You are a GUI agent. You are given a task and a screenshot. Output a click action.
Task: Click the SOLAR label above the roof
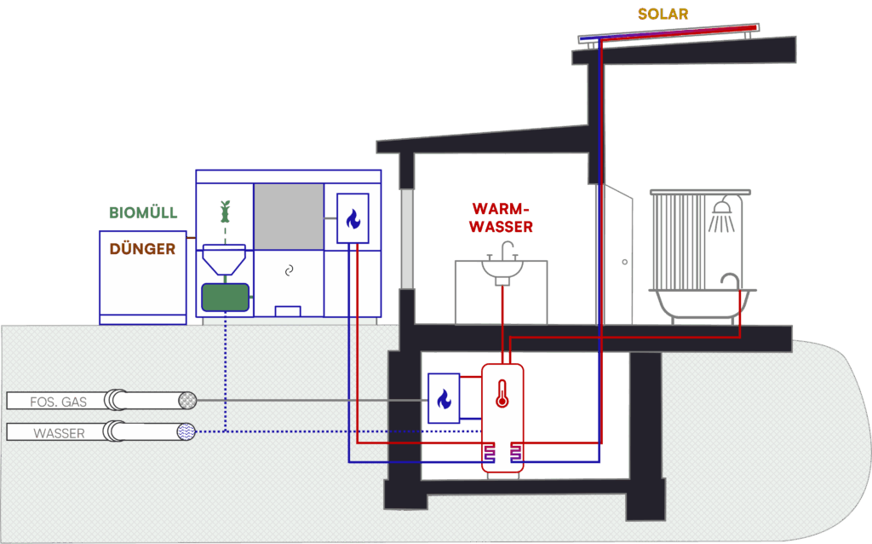pyautogui.click(x=663, y=14)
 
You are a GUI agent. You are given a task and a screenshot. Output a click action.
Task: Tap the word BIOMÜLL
pyautogui.click(x=143, y=213)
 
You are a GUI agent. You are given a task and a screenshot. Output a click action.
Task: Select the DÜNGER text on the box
pyautogui.click(x=142, y=249)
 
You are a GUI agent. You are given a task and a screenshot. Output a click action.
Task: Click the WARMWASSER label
pyautogui.click(x=502, y=217)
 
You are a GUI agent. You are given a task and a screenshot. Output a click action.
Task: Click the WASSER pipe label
pyautogui.click(x=59, y=433)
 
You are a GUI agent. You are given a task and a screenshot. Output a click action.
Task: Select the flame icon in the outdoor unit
pyautogui.click(x=353, y=219)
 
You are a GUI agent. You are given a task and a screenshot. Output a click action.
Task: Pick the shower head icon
pyautogui.click(x=722, y=212)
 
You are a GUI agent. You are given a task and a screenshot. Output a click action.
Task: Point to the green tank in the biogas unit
pyautogui.click(x=225, y=298)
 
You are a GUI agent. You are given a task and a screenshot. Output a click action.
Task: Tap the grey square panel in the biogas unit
pyautogui.click(x=289, y=216)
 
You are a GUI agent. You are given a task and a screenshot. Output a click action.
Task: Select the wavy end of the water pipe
pyautogui.click(x=186, y=432)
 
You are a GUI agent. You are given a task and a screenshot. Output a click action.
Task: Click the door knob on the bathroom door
pyautogui.click(x=625, y=261)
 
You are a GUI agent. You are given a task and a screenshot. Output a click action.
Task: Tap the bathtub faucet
pyautogui.click(x=729, y=280)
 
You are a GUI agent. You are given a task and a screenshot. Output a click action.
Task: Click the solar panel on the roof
pyautogui.click(x=666, y=33)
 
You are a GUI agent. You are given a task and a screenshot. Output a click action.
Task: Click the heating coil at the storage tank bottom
pyautogui.click(x=502, y=456)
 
